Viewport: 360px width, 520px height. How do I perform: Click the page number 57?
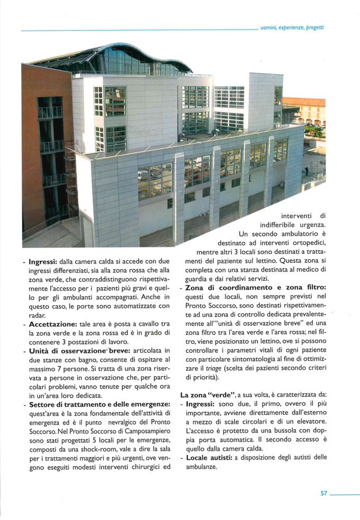click(x=323, y=494)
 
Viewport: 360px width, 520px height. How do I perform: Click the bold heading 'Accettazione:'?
click(x=54, y=324)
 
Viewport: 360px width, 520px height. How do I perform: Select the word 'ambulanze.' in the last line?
click(x=199, y=467)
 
